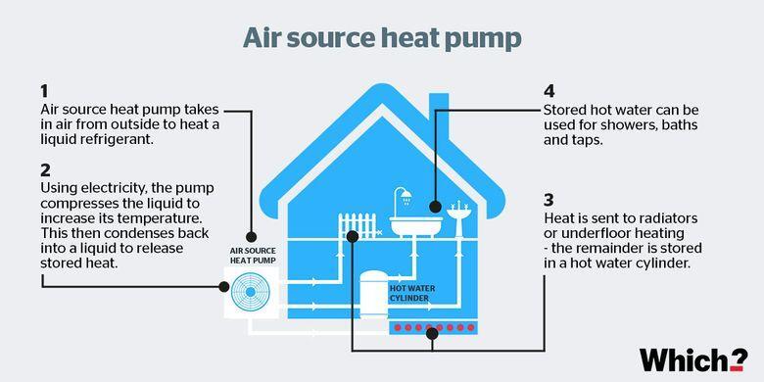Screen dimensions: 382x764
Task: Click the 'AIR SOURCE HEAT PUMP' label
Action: (x=251, y=255)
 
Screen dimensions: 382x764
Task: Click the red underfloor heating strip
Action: (x=433, y=328)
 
